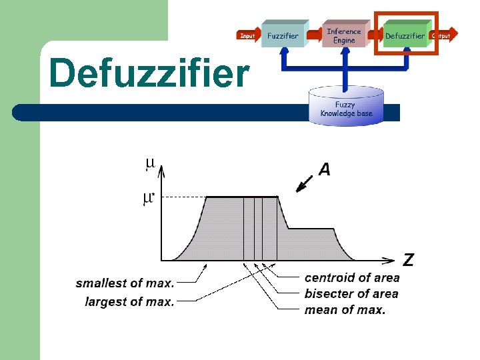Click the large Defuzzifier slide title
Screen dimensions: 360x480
point(149,73)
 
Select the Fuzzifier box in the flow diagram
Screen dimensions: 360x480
point(283,35)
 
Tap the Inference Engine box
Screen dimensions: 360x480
point(344,35)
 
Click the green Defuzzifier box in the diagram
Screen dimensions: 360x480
point(404,35)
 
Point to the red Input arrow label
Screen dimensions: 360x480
point(247,35)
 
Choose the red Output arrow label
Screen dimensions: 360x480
point(441,35)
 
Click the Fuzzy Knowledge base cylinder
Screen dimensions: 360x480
point(345,107)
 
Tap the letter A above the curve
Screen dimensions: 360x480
point(324,170)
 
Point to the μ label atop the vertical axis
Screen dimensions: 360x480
point(150,163)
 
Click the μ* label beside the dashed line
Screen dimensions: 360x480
point(149,198)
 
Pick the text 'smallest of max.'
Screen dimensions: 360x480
point(125,283)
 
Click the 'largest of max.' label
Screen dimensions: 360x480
point(129,302)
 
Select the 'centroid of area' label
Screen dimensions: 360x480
point(352,278)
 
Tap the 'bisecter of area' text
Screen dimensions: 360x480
point(351,294)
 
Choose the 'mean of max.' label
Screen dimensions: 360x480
point(345,310)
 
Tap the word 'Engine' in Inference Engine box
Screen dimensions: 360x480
point(344,41)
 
